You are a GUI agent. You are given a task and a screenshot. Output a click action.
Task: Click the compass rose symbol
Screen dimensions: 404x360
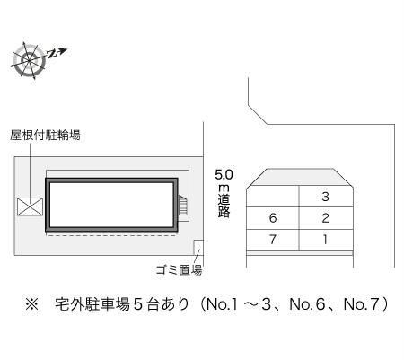30,61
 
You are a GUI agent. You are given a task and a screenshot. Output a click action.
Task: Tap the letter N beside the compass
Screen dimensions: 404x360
53,54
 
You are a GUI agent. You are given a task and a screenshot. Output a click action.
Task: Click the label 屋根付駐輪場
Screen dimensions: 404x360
45,136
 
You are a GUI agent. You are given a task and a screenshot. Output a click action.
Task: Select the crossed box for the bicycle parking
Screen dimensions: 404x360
30,206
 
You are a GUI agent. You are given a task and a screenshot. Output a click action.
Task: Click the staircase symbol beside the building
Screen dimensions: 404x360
183,205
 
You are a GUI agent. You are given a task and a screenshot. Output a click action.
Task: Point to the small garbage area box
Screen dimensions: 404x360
198,248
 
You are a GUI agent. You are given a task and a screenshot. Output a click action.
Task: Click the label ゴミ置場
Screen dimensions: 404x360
179,270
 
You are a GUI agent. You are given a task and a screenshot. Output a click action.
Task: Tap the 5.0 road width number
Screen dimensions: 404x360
224,175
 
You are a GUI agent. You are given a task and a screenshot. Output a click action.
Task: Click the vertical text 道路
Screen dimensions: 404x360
224,206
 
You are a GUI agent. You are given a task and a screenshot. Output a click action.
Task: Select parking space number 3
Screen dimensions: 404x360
325,197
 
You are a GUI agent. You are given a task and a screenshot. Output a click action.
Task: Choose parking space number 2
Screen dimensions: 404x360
325,218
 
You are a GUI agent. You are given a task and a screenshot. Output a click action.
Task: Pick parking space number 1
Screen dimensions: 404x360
325,240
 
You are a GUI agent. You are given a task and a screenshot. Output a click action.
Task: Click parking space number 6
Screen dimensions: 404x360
273,218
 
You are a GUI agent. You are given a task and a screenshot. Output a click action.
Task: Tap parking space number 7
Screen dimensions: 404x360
273,240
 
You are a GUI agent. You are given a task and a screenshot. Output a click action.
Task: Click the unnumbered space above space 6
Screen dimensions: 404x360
273,197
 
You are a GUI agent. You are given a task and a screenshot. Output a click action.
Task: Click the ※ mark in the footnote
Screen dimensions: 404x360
32,304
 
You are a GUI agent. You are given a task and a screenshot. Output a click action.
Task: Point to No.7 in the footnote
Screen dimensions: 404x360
362,304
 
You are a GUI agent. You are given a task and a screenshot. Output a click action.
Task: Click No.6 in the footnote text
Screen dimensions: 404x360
307,304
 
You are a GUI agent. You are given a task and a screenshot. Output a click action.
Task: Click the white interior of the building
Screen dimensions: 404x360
111,205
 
